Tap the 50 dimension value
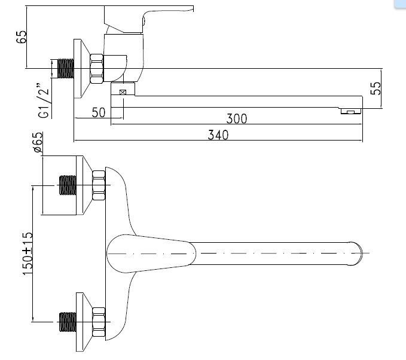pyautogui.click(x=99, y=112)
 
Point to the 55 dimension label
pyautogui.click(x=376, y=89)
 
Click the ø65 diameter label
pyautogui.click(x=38, y=144)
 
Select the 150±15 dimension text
pyautogui.click(x=27, y=254)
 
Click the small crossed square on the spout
pyautogui.click(x=123, y=92)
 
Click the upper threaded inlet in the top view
pyautogui.click(x=68, y=185)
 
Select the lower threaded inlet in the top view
pyautogui.click(x=68, y=322)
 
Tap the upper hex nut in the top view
pyautogui.click(x=99, y=185)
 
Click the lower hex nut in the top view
pyautogui.click(x=99, y=322)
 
